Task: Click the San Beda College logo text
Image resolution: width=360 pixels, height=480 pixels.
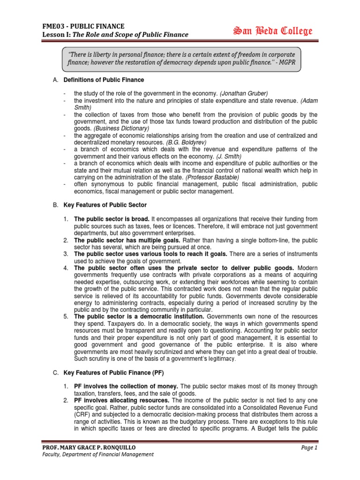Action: click(273, 31)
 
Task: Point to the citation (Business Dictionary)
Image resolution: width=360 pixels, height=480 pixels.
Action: click(121, 128)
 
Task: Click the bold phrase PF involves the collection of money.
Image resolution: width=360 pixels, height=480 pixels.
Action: click(127, 386)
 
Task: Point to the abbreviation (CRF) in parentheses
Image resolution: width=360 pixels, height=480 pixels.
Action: click(82, 414)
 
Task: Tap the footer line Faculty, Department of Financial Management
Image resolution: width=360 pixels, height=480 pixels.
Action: click(97, 454)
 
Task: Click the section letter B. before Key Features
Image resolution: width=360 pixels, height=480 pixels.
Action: click(55, 205)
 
